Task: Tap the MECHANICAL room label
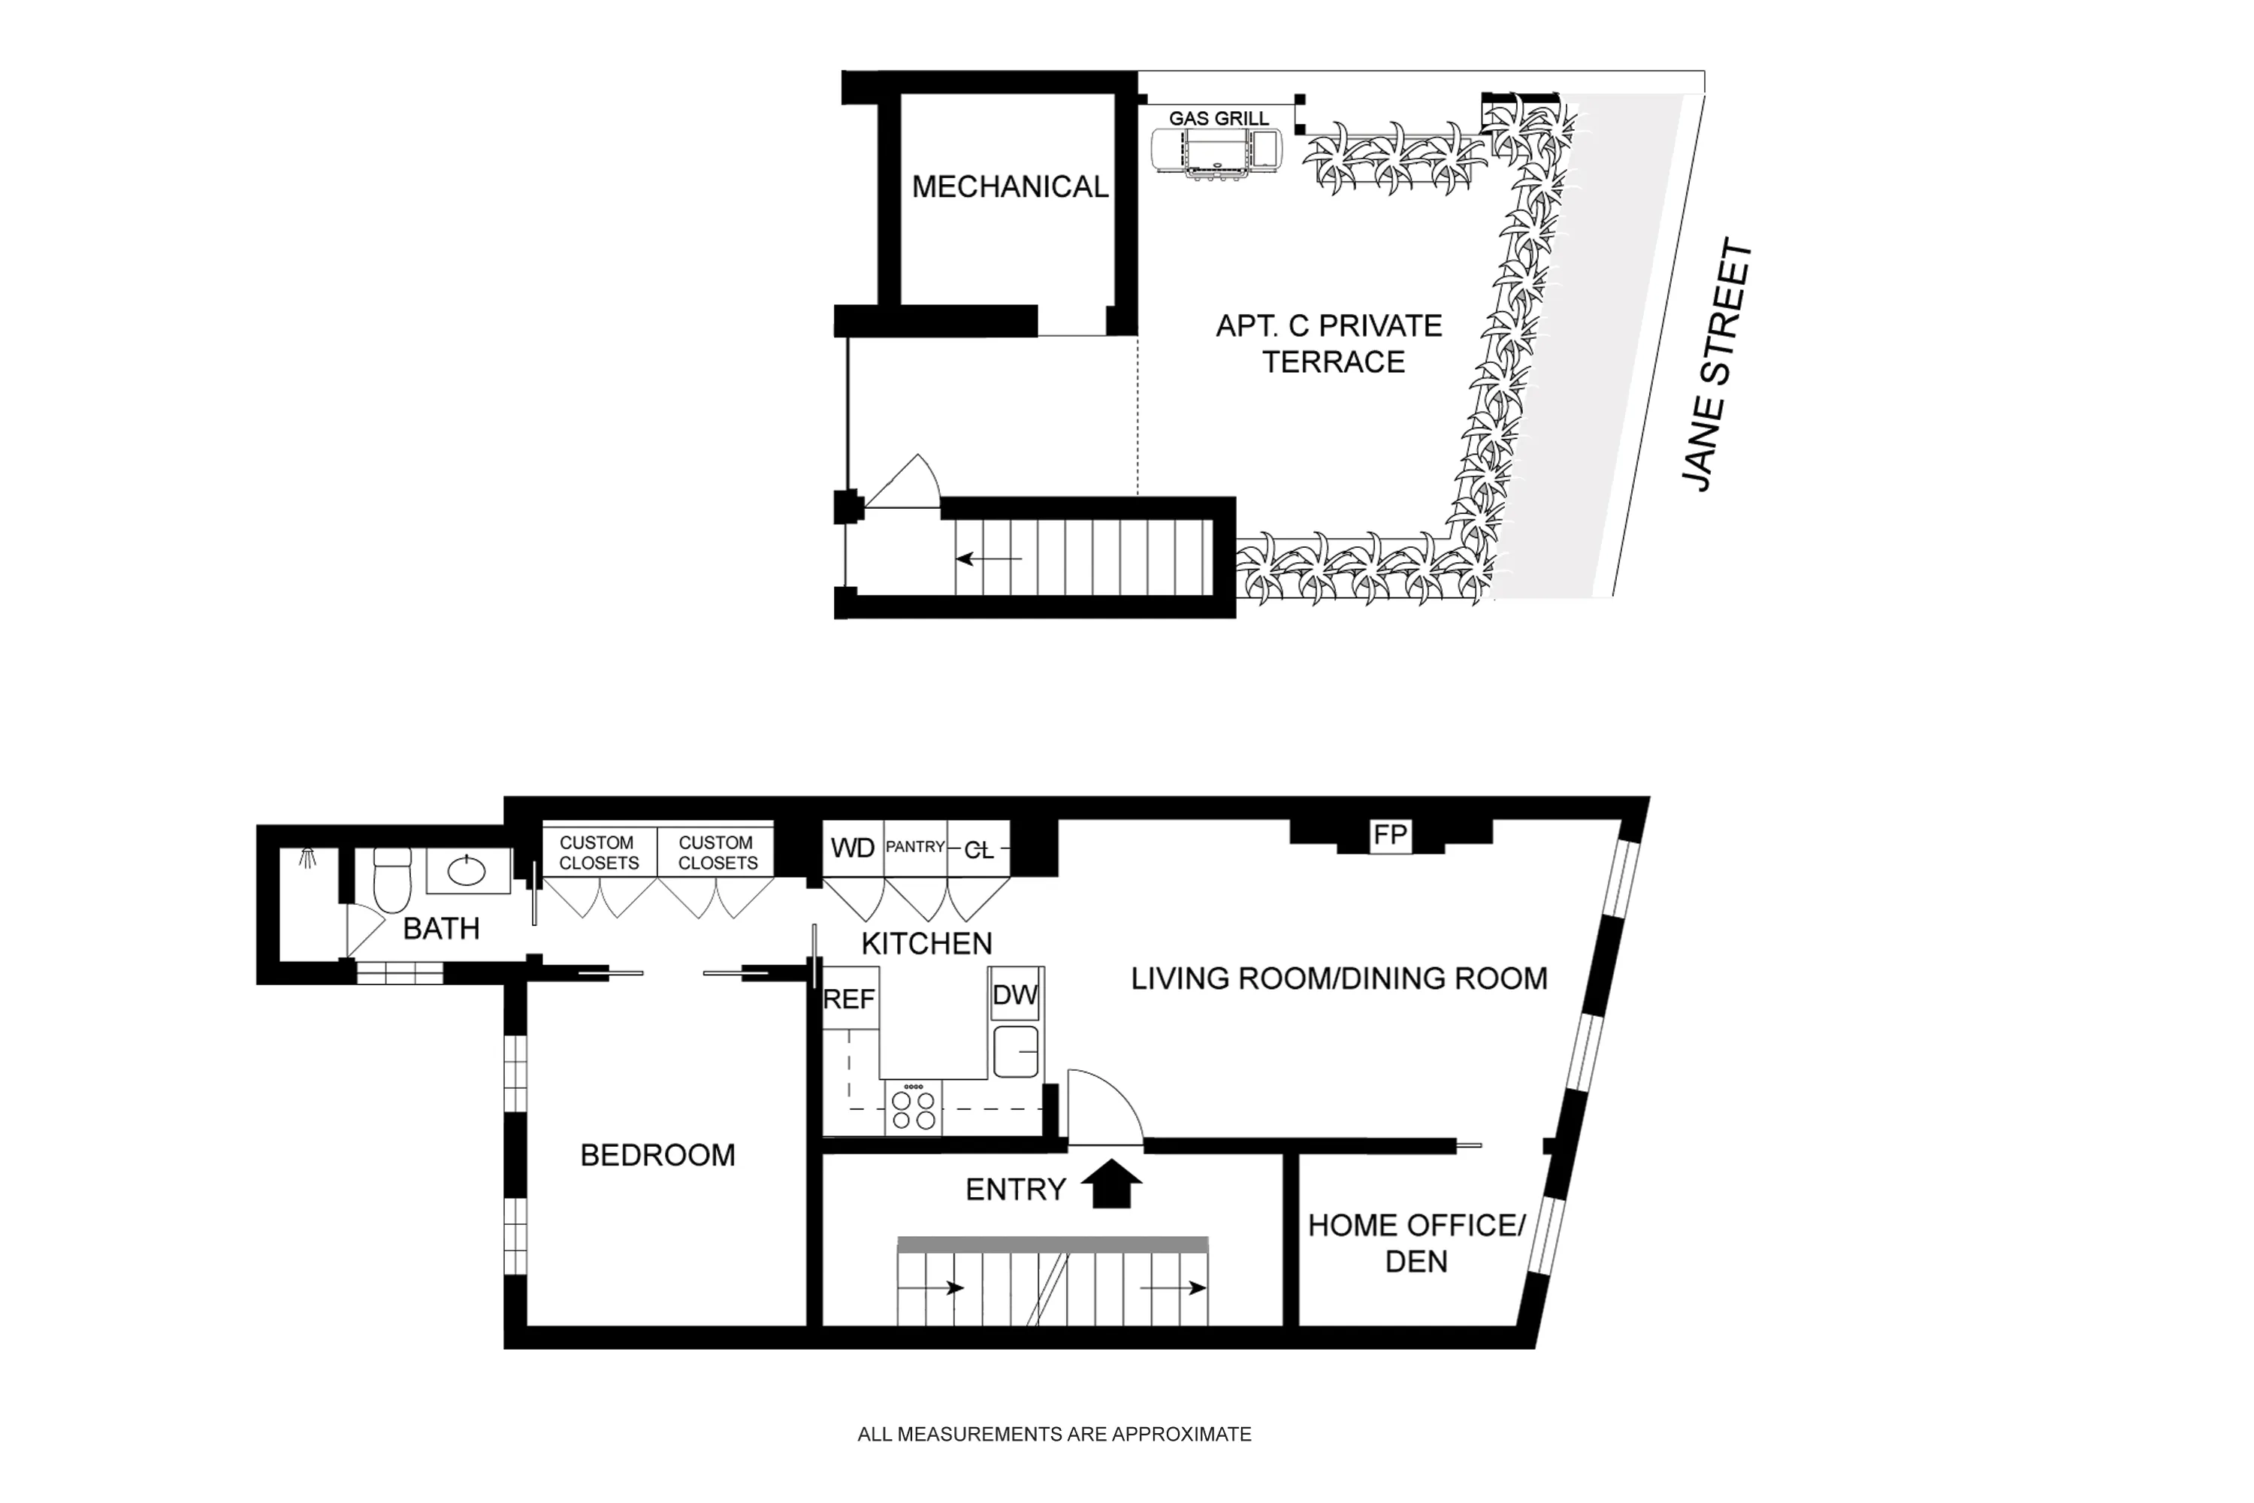tap(1009, 187)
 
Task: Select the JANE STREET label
tap(1718, 365)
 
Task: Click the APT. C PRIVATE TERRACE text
tap(1330, 344)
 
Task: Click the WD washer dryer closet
tap(852, 848)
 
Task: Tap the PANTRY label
tap(914, 848)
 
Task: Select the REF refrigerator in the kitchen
tap(849, 999)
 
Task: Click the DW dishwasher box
tap(1015, 995)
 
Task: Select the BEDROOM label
tap(657, 1155)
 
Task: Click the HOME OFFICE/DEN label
tap(1416, 1242)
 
